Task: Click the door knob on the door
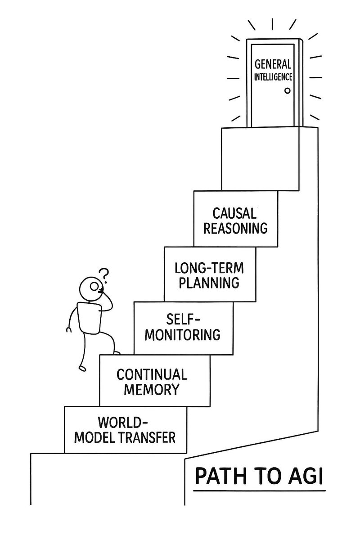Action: click(287, 91)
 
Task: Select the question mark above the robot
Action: click(104, 274)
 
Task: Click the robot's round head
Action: click(91, 288)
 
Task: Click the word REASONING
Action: click(235, 228)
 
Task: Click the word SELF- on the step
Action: click(183, 319)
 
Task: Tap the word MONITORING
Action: click(183, 335)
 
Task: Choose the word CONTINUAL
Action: click(152, 374)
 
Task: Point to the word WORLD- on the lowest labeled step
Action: click(123, 423)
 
